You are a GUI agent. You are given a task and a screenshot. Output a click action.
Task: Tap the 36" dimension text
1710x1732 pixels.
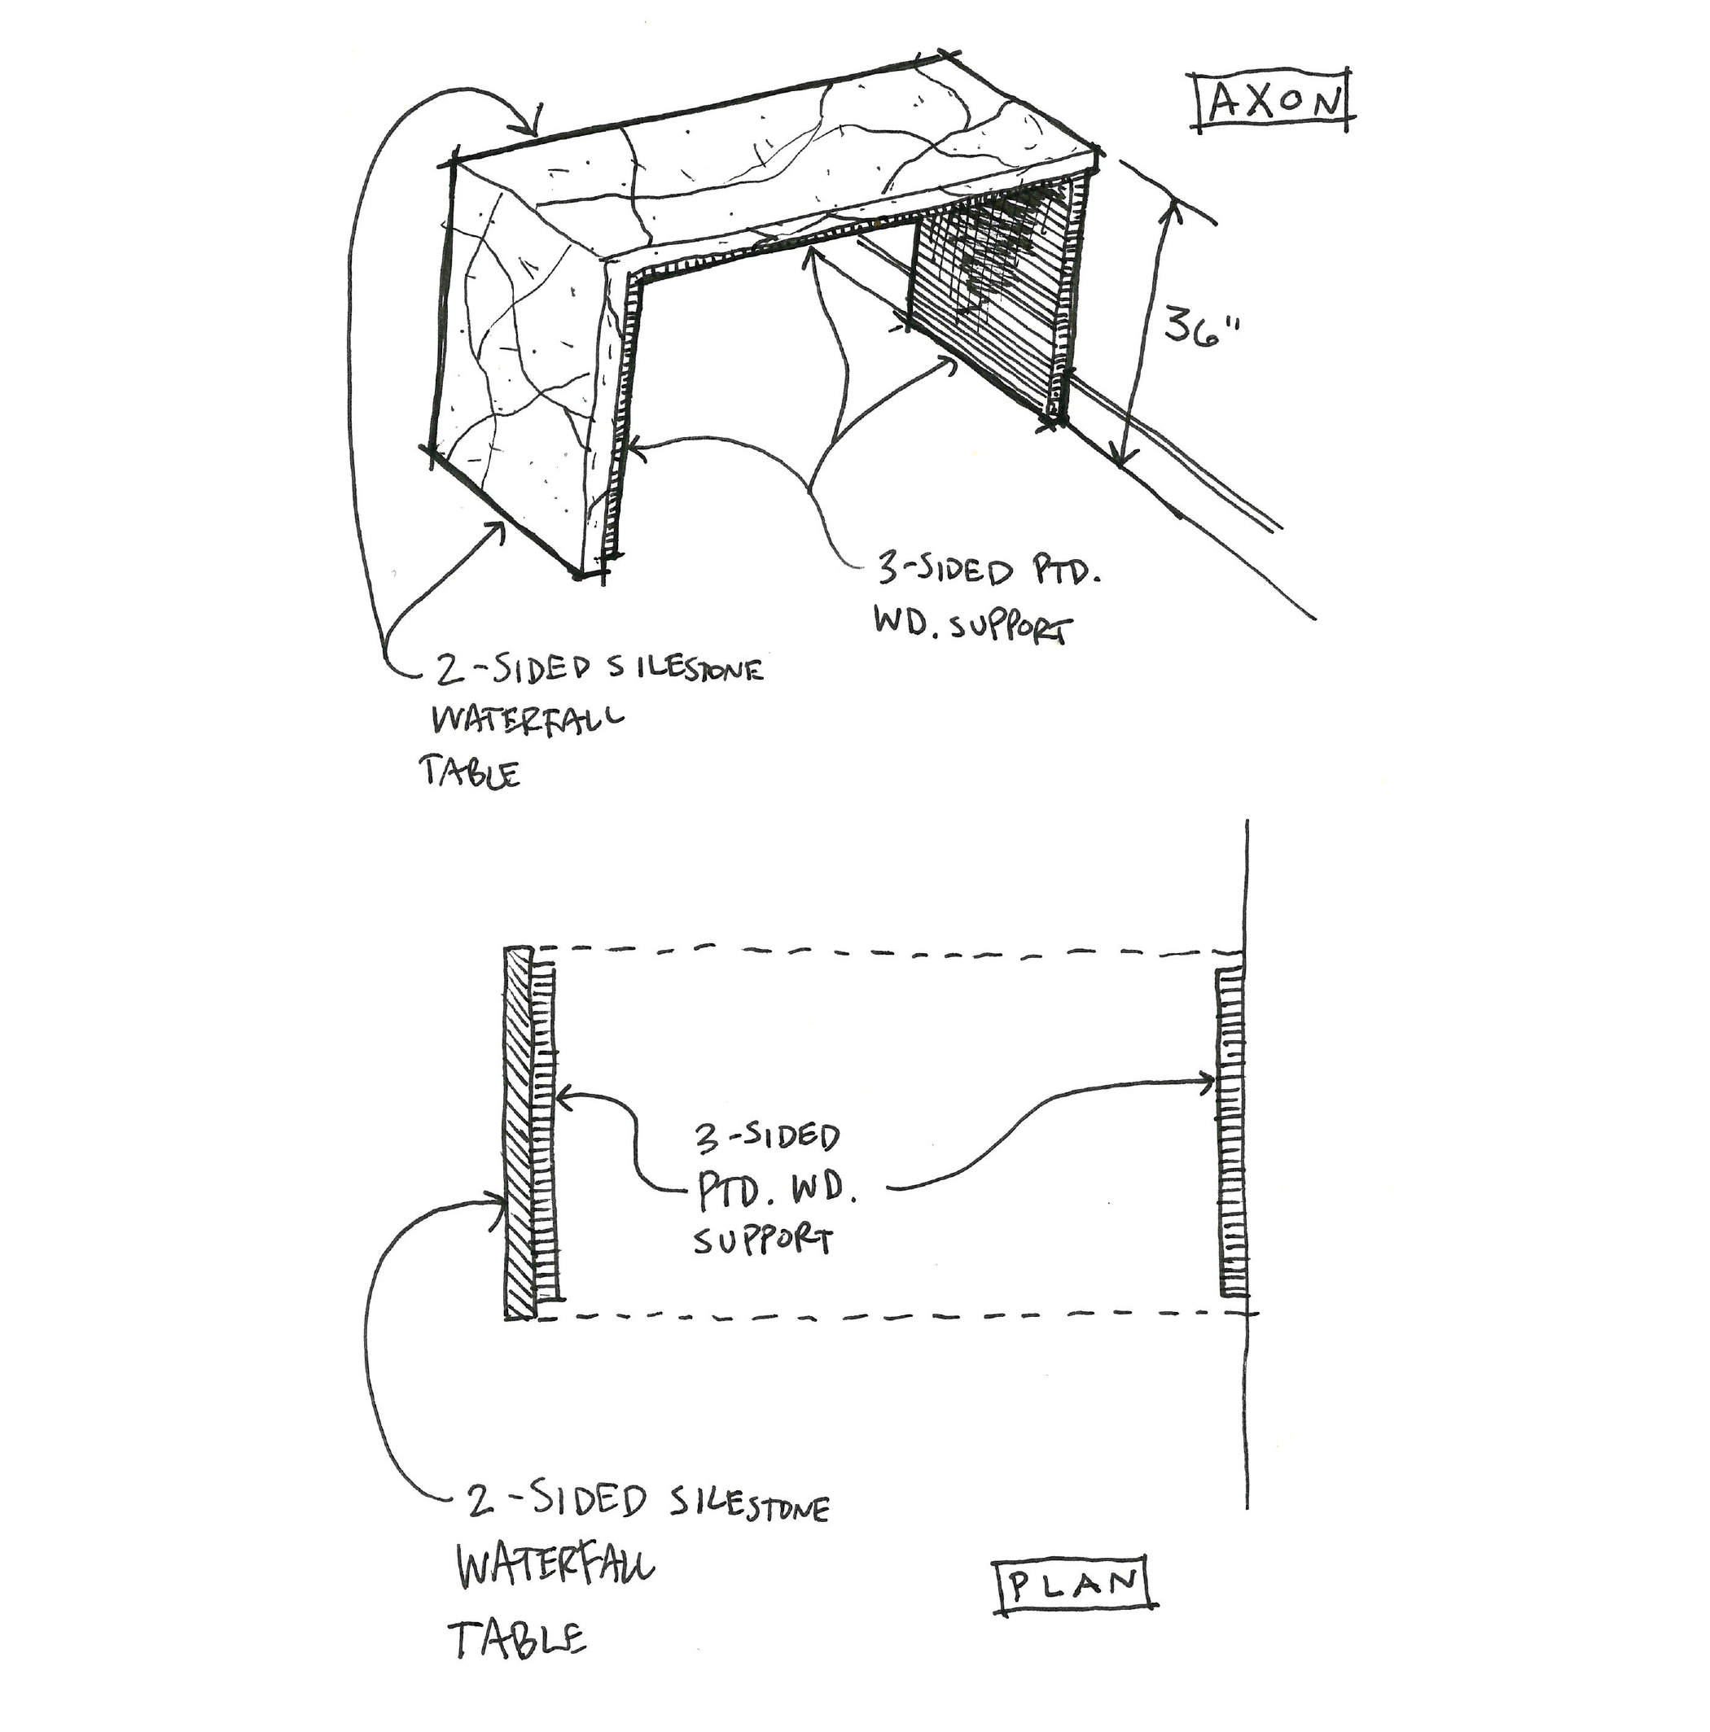[1199, 327]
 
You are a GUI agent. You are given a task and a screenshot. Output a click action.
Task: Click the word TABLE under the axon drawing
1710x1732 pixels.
[469, 772]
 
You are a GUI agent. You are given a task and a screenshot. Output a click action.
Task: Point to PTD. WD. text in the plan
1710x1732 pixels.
[776, 1190]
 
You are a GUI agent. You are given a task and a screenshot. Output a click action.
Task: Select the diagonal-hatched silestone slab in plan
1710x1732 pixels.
[518, 1134]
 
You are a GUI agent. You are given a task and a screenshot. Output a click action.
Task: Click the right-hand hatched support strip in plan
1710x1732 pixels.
[1232, 1134]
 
